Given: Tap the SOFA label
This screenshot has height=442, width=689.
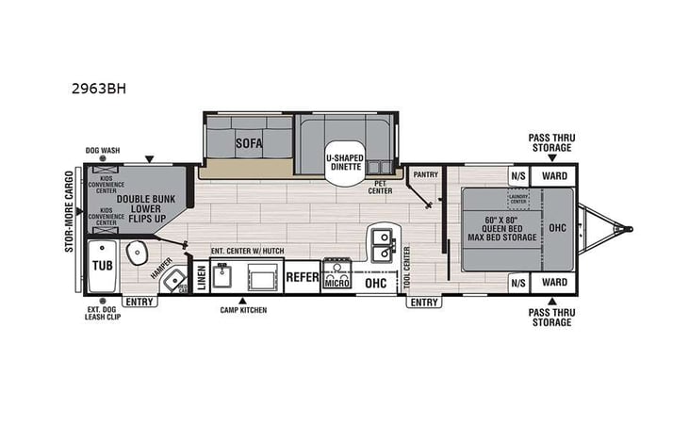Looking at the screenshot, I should [249, 143].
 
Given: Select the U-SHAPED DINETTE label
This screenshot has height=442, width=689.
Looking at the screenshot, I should [345, 160].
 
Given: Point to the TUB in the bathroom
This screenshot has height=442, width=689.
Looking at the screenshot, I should [101, 265].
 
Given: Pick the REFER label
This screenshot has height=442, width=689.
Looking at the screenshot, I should [302, 277].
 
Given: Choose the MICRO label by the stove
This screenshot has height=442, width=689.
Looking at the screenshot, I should [336, 282].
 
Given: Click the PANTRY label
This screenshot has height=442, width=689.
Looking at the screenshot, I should [426, 174].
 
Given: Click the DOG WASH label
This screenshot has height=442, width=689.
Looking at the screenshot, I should [104, 150].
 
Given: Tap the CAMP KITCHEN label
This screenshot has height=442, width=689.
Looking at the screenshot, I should [243, 310].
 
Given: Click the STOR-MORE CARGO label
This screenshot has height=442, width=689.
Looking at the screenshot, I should [68, 212].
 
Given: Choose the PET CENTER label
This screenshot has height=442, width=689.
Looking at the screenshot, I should [380, 188].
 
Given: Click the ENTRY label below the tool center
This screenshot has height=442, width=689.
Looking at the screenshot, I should [423, 303].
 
